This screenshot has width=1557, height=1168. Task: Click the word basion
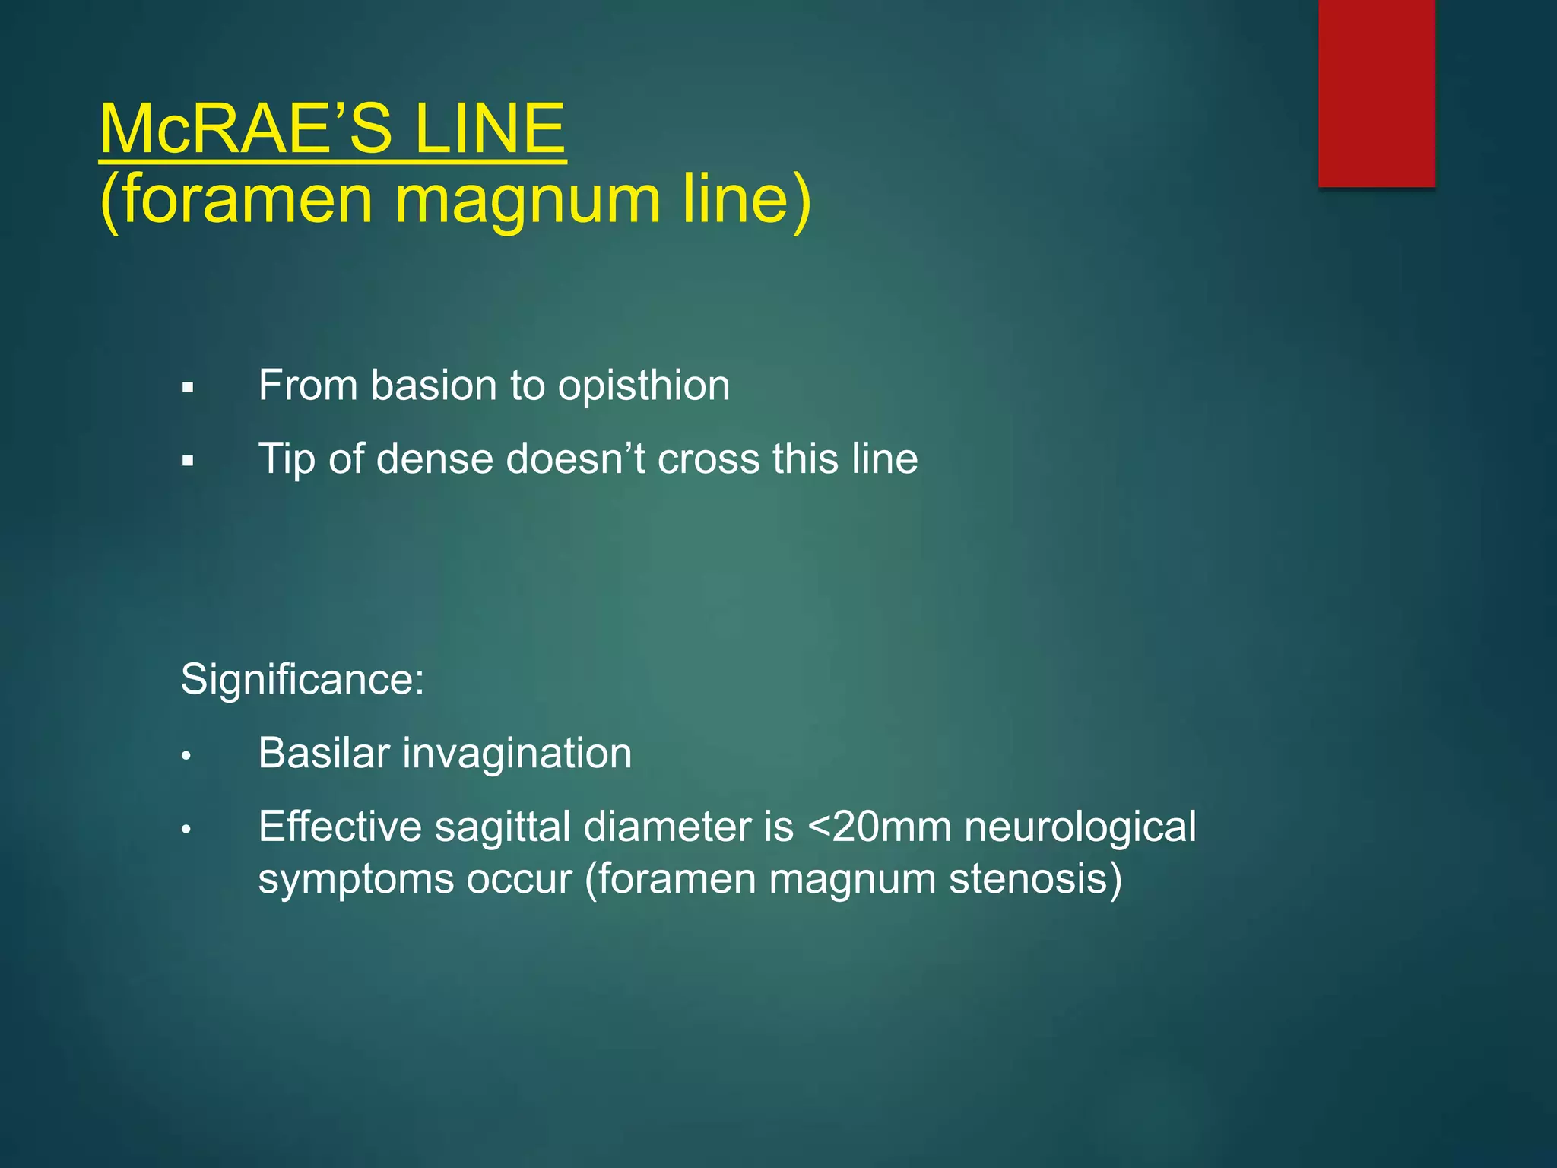tap(434, 386)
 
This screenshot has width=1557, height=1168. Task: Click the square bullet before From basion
tap(188, 389)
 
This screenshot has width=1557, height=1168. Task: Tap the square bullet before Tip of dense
tap(188, 462)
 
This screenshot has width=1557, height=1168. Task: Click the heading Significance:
tap(302, 679)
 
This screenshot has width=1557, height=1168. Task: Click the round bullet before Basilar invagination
tap(186, 757)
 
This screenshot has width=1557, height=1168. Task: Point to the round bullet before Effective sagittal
tap(186, 830)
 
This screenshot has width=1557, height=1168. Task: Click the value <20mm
tap(879, 827)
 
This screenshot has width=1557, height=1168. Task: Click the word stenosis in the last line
tap(1035, 879)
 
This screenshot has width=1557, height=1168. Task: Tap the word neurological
tap(1080, 827)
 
